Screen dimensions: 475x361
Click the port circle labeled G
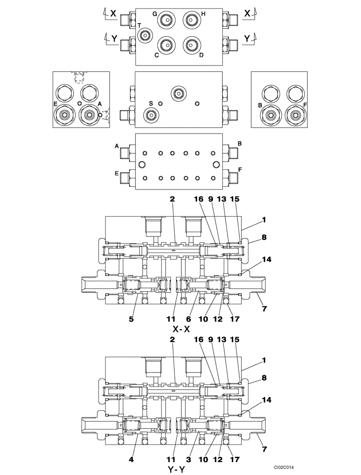166,20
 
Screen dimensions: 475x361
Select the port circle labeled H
191,20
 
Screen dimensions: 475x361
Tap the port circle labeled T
145,35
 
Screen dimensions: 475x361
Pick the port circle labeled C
166,45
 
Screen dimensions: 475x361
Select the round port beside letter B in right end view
272,114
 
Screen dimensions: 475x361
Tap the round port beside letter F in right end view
294,114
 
